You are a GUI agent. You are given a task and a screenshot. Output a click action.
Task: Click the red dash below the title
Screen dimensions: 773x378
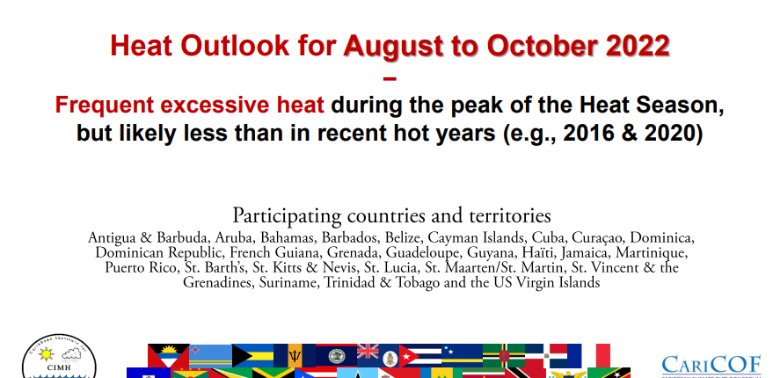pyautogui.click(x=390, y=78)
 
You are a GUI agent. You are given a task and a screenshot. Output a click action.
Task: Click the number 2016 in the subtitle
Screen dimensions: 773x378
pyautogui.click(x=588, y=133)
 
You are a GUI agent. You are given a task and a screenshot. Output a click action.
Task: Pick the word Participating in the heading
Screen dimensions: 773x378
pyautogui.click(x=287, y=216)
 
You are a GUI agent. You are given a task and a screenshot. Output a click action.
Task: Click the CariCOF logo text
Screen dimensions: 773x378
pyautogui.click(x=711, y=365)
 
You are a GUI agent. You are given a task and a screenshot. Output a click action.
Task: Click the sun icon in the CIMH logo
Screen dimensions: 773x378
pyautogui.click(x=46, y=354)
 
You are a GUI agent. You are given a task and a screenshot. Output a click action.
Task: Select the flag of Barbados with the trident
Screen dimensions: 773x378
pyautogui.click(x=295, y=355)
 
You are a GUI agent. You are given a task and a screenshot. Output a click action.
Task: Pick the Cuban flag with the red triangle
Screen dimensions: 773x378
pyautogui.click(x=420, y=355)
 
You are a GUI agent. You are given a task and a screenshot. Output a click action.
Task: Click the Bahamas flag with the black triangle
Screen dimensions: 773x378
pyautogui.click(x=252, y=355)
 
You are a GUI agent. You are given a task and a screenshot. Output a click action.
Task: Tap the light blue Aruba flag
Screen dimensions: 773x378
pyautogui.click(x=210, y=355)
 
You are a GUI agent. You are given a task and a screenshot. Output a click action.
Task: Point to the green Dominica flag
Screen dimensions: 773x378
pyautogui.click(x=503, y=355)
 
